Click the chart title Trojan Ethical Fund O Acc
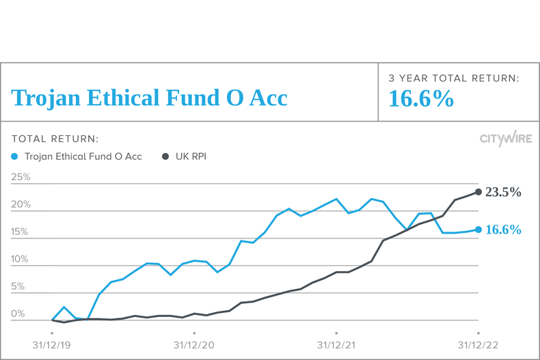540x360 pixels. coord(149,98)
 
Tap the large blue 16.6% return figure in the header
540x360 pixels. coord(421,99)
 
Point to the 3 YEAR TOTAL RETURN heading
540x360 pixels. coord(454,79)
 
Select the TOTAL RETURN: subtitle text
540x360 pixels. coord(55,139)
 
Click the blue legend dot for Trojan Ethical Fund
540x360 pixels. coord(16,156)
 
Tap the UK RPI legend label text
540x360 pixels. coord(191,156)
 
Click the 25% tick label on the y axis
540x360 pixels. coord(21,177)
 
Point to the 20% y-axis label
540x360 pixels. coord(21,204)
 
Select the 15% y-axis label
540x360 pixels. coord(21,232)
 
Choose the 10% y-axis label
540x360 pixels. coord(21,259)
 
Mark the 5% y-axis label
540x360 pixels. coord(18,286)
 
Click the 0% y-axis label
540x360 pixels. coord(18,314)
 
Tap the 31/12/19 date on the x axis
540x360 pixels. coord(52,345)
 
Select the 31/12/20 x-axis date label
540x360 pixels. coord(194,345)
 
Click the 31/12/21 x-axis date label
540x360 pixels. coord(336,345)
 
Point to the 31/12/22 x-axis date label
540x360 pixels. coord(478,345)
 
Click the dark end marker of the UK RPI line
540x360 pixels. coord(478,192)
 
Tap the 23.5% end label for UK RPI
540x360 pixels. coord(503,192)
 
